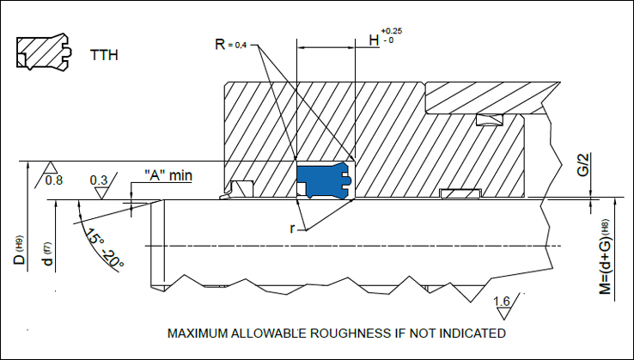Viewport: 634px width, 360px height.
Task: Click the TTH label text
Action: coord(104,56)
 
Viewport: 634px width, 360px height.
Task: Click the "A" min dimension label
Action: coord(168,176)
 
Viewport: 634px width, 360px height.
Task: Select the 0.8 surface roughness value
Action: coord(53,180)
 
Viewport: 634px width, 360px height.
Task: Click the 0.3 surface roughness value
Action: coord(100,180)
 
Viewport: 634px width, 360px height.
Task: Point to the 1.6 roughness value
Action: coord(503,302)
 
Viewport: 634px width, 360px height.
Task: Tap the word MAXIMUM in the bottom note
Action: coord(199,333)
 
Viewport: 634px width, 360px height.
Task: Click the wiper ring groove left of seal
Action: coord(241,188)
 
